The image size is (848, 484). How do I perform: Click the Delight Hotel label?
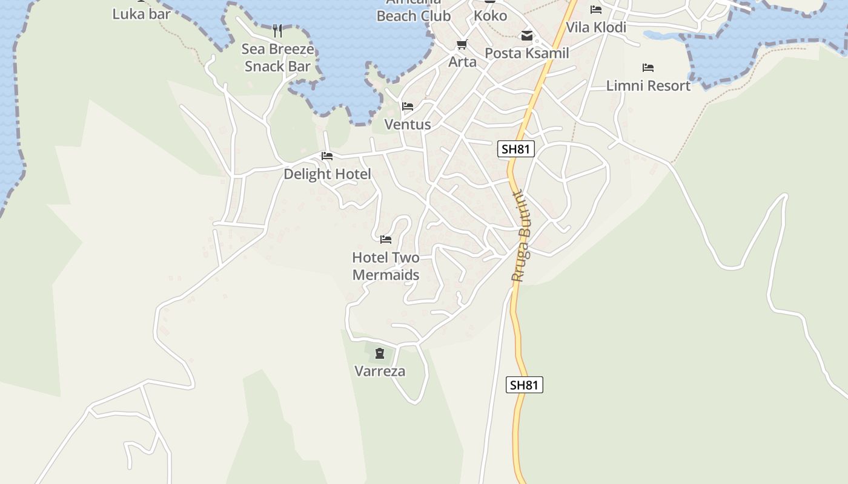tap(327, 174)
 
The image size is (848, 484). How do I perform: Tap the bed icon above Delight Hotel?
tap(327, 156)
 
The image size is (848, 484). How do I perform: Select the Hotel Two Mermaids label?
tap(386, 266)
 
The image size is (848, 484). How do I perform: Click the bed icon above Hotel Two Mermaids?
tap(386, 240)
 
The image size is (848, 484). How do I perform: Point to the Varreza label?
tap(380, 371)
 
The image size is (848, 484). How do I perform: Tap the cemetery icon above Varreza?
tap(380, 353)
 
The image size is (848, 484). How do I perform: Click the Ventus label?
tap(408, 125)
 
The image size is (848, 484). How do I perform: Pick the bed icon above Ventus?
tap(408, 106)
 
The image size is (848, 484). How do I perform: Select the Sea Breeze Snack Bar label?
tap(277, 57)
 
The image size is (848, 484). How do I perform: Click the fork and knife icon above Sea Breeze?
tap(277, 30)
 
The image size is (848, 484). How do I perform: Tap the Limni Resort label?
tap(648, 86)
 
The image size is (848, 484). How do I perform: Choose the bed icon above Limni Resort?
tap(648, 68)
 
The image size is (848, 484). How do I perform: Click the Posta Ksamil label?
tap(527, 53)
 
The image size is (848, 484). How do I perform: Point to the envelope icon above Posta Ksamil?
tap(527, 36)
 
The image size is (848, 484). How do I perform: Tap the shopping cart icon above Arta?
tap(462, 45)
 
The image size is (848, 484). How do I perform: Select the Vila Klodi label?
tap(596, 27)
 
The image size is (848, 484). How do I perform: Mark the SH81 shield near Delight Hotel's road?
tap(516, 149)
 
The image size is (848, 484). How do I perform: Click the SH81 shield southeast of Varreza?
tap(524, 385)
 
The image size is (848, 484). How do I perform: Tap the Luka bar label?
tap(141, 13)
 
